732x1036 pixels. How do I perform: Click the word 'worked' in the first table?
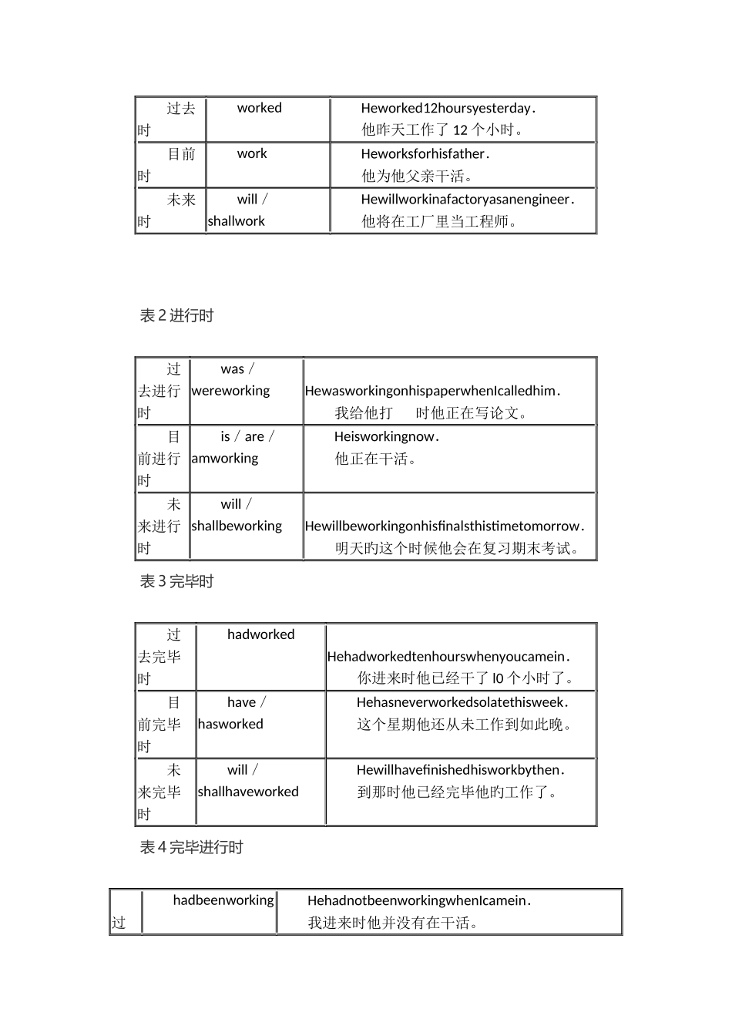(259, 108)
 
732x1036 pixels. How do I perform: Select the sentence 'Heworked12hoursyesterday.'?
(448, 109)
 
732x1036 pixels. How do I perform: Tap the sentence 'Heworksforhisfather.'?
(425, 154)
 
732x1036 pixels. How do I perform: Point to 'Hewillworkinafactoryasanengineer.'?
(468, 200)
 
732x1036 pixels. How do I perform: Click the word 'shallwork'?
(236, 221)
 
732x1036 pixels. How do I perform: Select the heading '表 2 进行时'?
(176, 315)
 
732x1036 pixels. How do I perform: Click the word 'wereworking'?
(230, 391)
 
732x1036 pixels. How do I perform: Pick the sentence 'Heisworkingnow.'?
(387, 437)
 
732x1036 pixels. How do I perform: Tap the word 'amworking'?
(225, 459)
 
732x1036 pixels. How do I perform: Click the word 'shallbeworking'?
(237, 526)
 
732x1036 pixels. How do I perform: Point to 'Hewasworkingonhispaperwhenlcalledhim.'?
(432, 392)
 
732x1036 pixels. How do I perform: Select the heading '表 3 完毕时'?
(176, 582)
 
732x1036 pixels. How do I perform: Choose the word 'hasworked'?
(230, 725)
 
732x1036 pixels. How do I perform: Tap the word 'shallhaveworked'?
(248, 792)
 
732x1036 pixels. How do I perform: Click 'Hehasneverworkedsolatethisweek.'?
(462, 703)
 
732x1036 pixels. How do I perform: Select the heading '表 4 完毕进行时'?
(191, 848)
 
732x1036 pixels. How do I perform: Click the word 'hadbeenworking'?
(223, 900)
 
